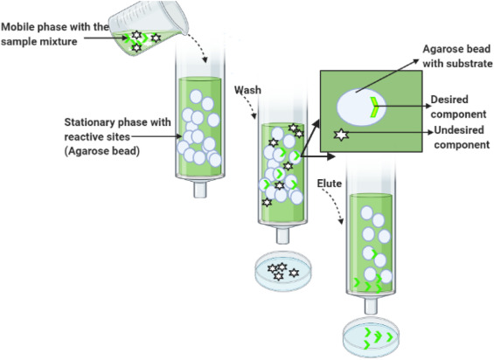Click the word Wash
(x=247, y=90)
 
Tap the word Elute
(x=330, y=183)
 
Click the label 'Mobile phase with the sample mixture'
(x=55, y=34)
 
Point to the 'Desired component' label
(x=458, y=107)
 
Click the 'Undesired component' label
(x=462, y=137)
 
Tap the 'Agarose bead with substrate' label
(x=457, y=56)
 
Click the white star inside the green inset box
(x=341, y=135)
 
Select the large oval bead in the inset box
(x=361, y=107)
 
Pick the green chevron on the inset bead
(x=374, y=107)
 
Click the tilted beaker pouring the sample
(x=148, y=29)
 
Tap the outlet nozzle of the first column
(x=200, y=190)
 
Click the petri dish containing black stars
(x=282, y=271)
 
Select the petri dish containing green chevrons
(x=371, y=338)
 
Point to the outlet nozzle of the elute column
(x=371, y=306)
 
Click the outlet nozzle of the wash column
(x=282, y=235)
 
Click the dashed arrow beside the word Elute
(x=335, y=204)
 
